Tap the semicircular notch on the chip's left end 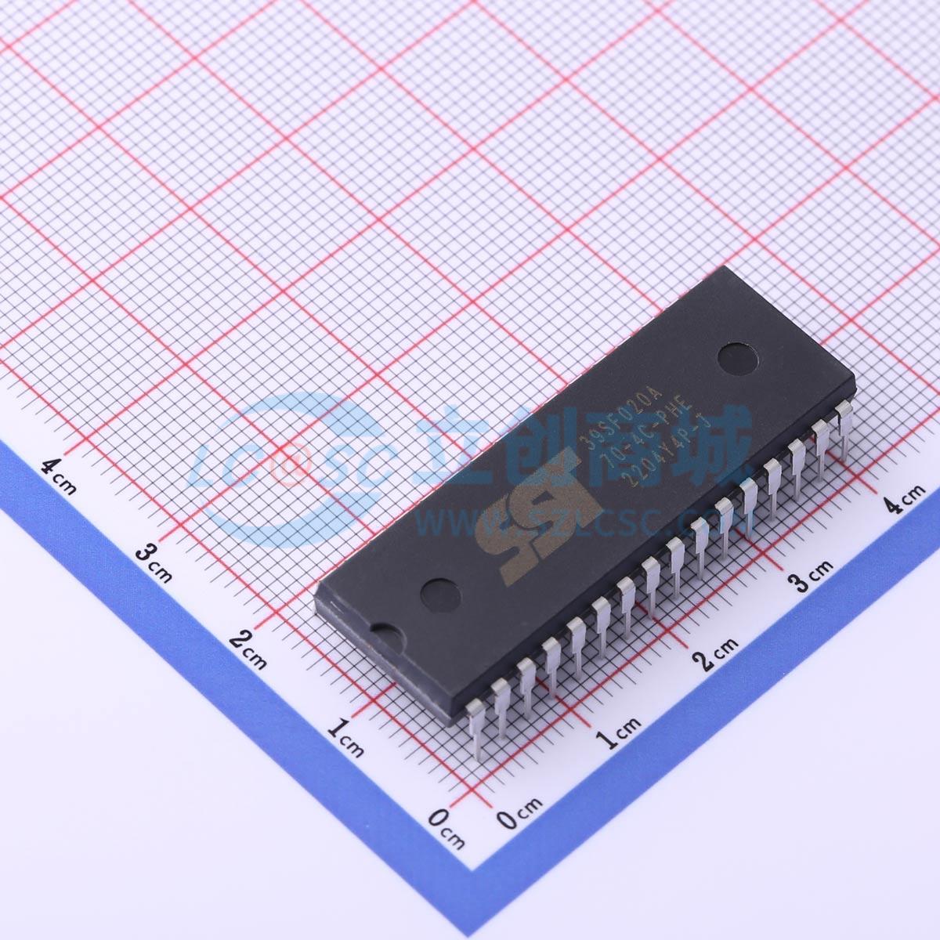[x=385, y=631]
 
